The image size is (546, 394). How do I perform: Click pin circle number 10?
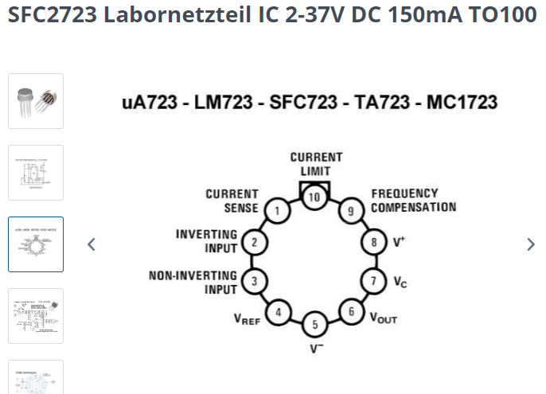314,197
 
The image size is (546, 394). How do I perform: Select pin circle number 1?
278,210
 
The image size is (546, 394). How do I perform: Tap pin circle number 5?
315,324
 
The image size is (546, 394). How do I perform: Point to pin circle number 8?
374,242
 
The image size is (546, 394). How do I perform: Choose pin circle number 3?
255,281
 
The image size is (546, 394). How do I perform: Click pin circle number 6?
351,311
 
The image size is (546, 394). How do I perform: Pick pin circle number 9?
351,211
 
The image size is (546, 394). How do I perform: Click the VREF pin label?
248,319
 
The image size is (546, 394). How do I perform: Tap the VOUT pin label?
384,318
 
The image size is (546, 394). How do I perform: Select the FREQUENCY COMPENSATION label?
414,201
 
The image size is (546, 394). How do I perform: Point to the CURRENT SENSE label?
232,201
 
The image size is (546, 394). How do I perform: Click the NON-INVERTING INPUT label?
193,283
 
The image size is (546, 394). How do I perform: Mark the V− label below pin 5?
317,349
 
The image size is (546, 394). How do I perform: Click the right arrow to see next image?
531,244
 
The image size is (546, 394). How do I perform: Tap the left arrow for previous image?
92,244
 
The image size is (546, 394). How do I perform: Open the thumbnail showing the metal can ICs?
36,101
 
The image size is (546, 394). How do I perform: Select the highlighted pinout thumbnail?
36,244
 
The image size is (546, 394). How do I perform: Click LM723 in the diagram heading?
223,103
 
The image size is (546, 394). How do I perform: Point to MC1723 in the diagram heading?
462,103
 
